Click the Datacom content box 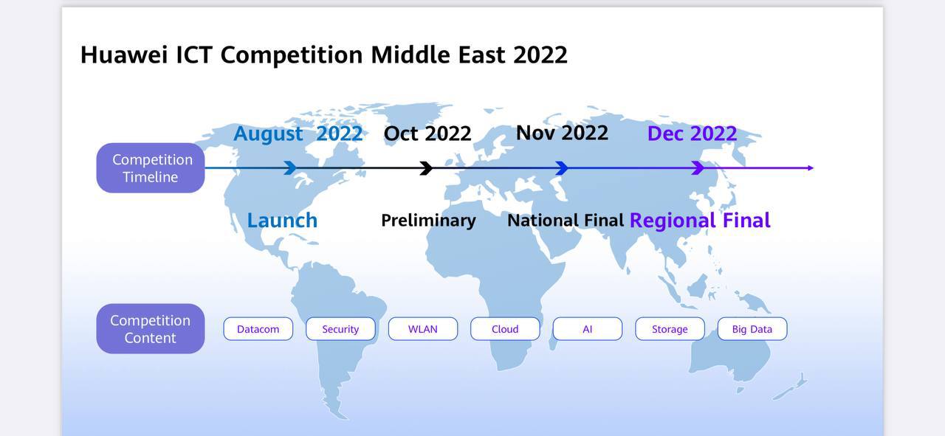[x=258, y=329]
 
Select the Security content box [x=340, y=329]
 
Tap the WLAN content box [x=423, y=329]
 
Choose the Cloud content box [x=505, y=329]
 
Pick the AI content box [x=587, y=329]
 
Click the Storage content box [x=670, y=329]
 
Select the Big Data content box [x=752, y=329]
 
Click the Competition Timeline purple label [x=151, y=167]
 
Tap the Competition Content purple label [x=151, y=328]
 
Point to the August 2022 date [x=298, y=134]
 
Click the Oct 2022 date [x=427, y=134]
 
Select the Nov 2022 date [x=562, y=133]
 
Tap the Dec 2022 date [x=692, y=134]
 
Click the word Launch [x=282, y=221]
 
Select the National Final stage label [x=566, y=221]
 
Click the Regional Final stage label [x=700, y=221]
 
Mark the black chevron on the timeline [x=427, y=167]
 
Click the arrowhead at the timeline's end [x=811, y=167]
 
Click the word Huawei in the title [x=124, y=55]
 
